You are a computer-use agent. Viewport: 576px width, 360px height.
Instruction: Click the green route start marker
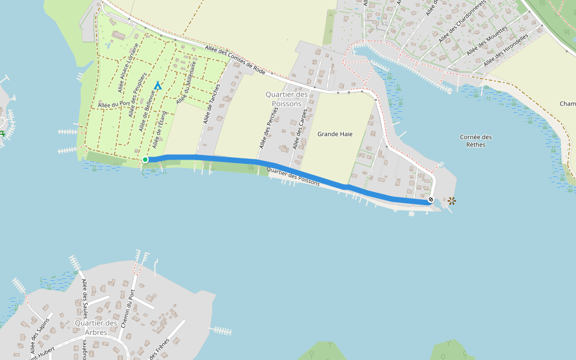click(x=145, y=160)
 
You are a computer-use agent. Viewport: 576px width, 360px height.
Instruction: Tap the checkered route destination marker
click(x=431, y=199)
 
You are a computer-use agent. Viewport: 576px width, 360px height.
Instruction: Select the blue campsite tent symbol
click(x=158, y=86)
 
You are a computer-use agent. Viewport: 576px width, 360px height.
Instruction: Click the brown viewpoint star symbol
click(x=451, y=201)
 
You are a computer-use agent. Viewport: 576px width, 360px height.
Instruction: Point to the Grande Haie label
click(x=335, y=134)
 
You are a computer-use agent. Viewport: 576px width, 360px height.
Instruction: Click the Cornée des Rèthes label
click(x=476, y=140)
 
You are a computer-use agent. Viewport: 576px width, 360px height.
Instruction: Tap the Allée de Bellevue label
click(x=146, y=113)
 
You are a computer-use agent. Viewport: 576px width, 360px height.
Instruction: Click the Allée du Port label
click(x=114, y=104)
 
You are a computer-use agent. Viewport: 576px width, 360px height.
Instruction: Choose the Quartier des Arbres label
click(x=95, y=328)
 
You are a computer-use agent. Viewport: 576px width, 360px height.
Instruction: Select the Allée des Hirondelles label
click(x=505, y=50)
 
